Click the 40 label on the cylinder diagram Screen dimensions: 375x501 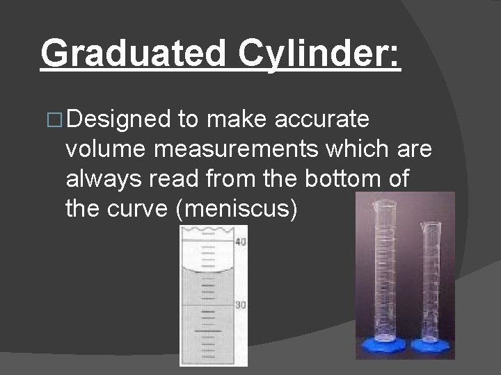[x=241, y=242]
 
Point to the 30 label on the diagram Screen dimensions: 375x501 [x=241, y=306]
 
